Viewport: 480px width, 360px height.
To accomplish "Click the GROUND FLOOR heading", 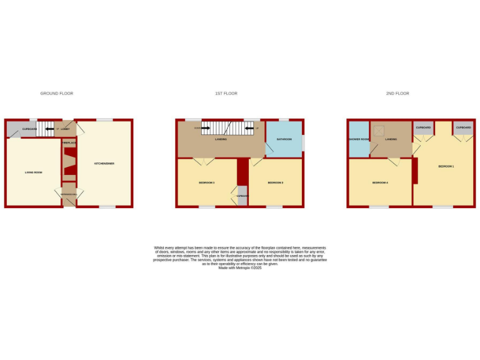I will [x=57, y=94].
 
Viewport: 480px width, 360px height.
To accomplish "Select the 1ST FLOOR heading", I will [x=226, y=94].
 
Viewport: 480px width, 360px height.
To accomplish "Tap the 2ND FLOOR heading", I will [x=397, y=94].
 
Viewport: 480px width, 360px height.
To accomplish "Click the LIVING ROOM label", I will [x=33, y=172].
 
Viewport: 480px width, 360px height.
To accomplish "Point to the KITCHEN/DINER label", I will [x=104, y=164].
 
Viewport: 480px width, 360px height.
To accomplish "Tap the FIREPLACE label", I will [x=69, y=143].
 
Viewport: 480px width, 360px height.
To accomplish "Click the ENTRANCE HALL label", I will [x=69, y=195].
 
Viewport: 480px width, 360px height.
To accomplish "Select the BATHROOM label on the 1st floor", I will [x=284, y=139].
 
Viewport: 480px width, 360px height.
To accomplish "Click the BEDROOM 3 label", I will [x=207, y=182].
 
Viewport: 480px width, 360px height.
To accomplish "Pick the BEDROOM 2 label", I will [x=276, y=182].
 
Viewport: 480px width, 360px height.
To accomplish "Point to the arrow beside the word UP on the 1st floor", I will [x=248, y=129].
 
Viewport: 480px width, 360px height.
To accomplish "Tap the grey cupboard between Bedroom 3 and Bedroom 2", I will [x=242, y=196].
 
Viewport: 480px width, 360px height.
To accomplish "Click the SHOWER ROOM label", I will [x=358, y=139].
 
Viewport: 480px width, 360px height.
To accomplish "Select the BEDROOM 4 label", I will [x=380, y=182].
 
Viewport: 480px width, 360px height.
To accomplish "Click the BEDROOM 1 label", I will [x=446, y=166].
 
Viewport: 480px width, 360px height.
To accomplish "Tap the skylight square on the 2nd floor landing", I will [x=379, y=131].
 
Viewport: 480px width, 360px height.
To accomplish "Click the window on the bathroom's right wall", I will [x=304, y=142].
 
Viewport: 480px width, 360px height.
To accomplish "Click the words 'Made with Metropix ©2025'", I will [x=240, y=267].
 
